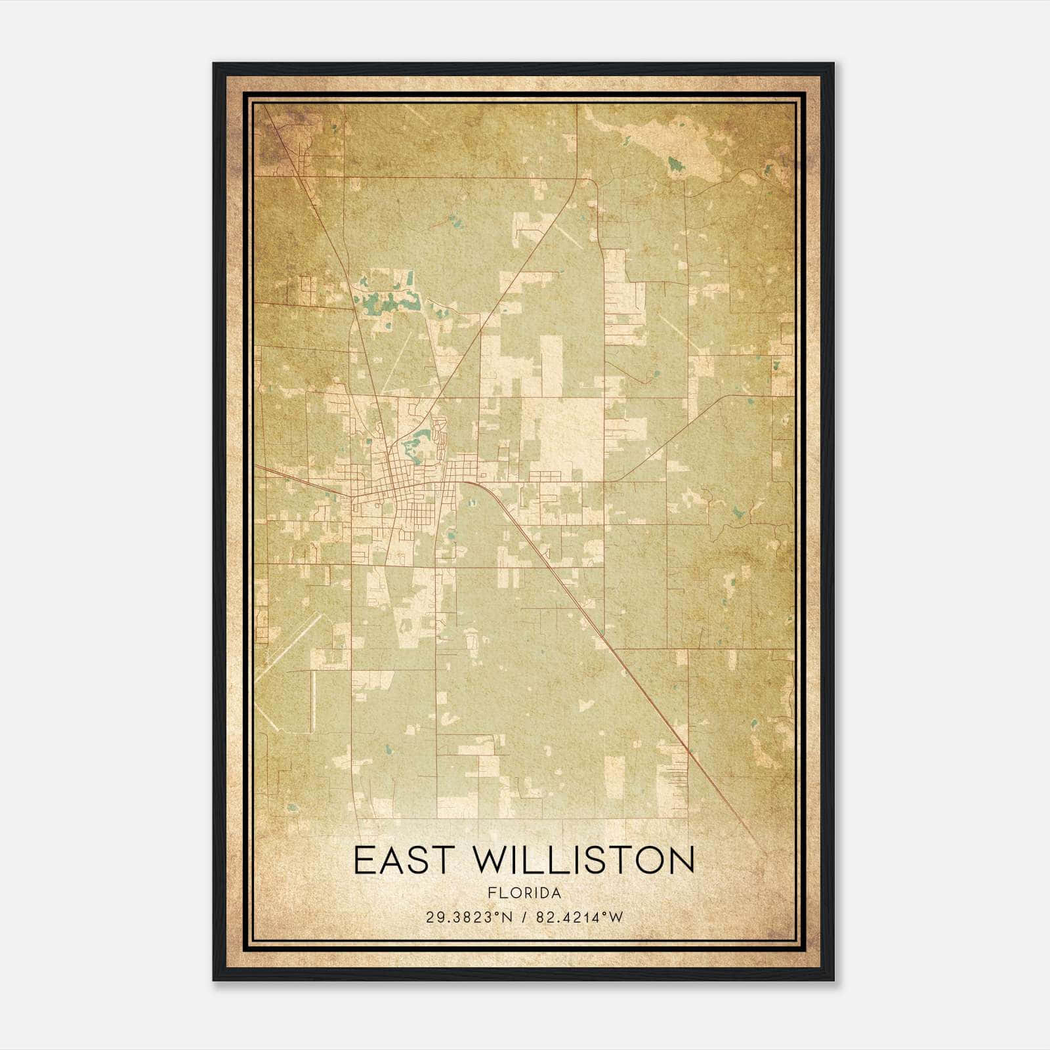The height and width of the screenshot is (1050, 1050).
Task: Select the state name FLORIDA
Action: pos(524,893)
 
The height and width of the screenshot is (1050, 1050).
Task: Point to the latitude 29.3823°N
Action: pos(469,917)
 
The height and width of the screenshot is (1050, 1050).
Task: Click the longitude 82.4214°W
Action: pos(579,917)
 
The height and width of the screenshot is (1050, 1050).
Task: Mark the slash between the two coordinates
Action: pos(523,917)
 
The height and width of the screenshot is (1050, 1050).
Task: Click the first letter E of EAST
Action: pos(364,860)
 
